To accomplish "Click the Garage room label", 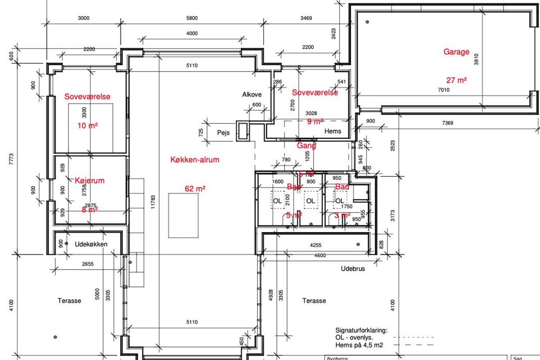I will click(x=456, y=52).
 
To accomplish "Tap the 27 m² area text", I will click(x=456, y=81).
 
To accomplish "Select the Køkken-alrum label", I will click(x=195, y=160).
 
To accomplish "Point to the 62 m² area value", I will click(x=195, y=189).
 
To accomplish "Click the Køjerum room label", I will click(x=90, y=181).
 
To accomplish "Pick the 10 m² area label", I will click(x=87, y=126).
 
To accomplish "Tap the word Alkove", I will click(x=252, y=94).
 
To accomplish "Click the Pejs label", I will click(x=224, y=133).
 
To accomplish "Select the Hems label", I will click(x=333, y=131).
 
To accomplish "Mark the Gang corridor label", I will click(x=306, y=146).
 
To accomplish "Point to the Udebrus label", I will click(x=352, y=269).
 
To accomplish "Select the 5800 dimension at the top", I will click(x=192, y=18).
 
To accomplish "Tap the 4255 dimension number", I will click(x=315, y=246).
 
